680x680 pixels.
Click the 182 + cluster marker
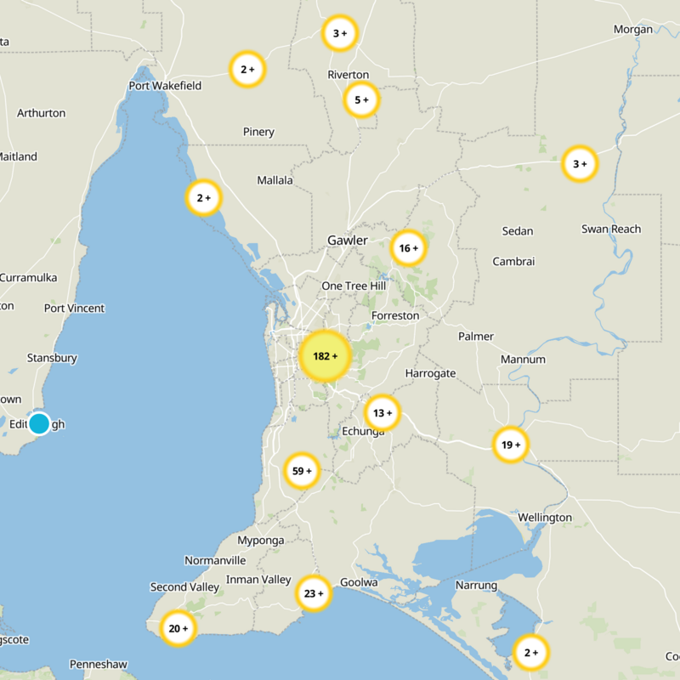(x=325, y=356)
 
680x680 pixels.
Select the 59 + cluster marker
(x=302, y=470)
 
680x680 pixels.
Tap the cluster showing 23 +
(x=314, y=593)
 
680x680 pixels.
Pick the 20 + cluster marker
(x=178, y=629)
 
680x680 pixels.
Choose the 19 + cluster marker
(x=510, y=445)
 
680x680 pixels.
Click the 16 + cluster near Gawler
(x=408, y=249)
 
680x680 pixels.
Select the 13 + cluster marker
(x=382, y=413)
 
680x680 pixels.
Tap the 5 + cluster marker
(x=361, y=100)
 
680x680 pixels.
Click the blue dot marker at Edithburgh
(x=39, y=422)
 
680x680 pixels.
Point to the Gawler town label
(x=348, y=241)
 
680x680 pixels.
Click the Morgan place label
(x=633, y=30)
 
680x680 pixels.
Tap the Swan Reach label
(x=611, y=229)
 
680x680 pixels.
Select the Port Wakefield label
(x=165, y=86)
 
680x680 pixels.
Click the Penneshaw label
(x=99, y=664)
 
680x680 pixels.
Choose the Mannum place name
(x=523, y=360)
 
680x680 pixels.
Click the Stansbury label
(x=52, y=359)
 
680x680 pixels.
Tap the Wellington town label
(x=545, y=518)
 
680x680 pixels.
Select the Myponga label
(x=260, y=541)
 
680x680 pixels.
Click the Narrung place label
(x=476, y=586)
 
